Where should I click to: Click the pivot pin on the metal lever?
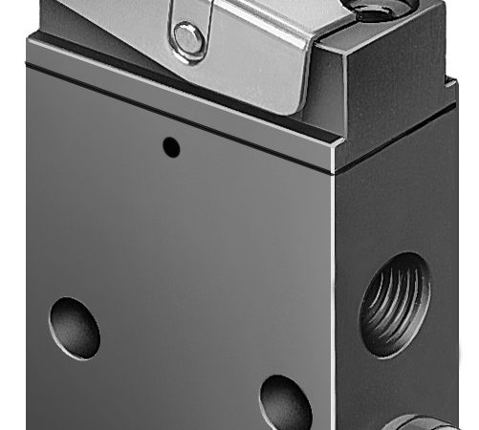click(x=188, y=39)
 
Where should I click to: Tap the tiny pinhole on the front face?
click(x=171, y=146)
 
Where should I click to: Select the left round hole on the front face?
click(x=75, y=328)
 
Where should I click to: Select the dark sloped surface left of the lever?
click(x=96, y=33)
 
